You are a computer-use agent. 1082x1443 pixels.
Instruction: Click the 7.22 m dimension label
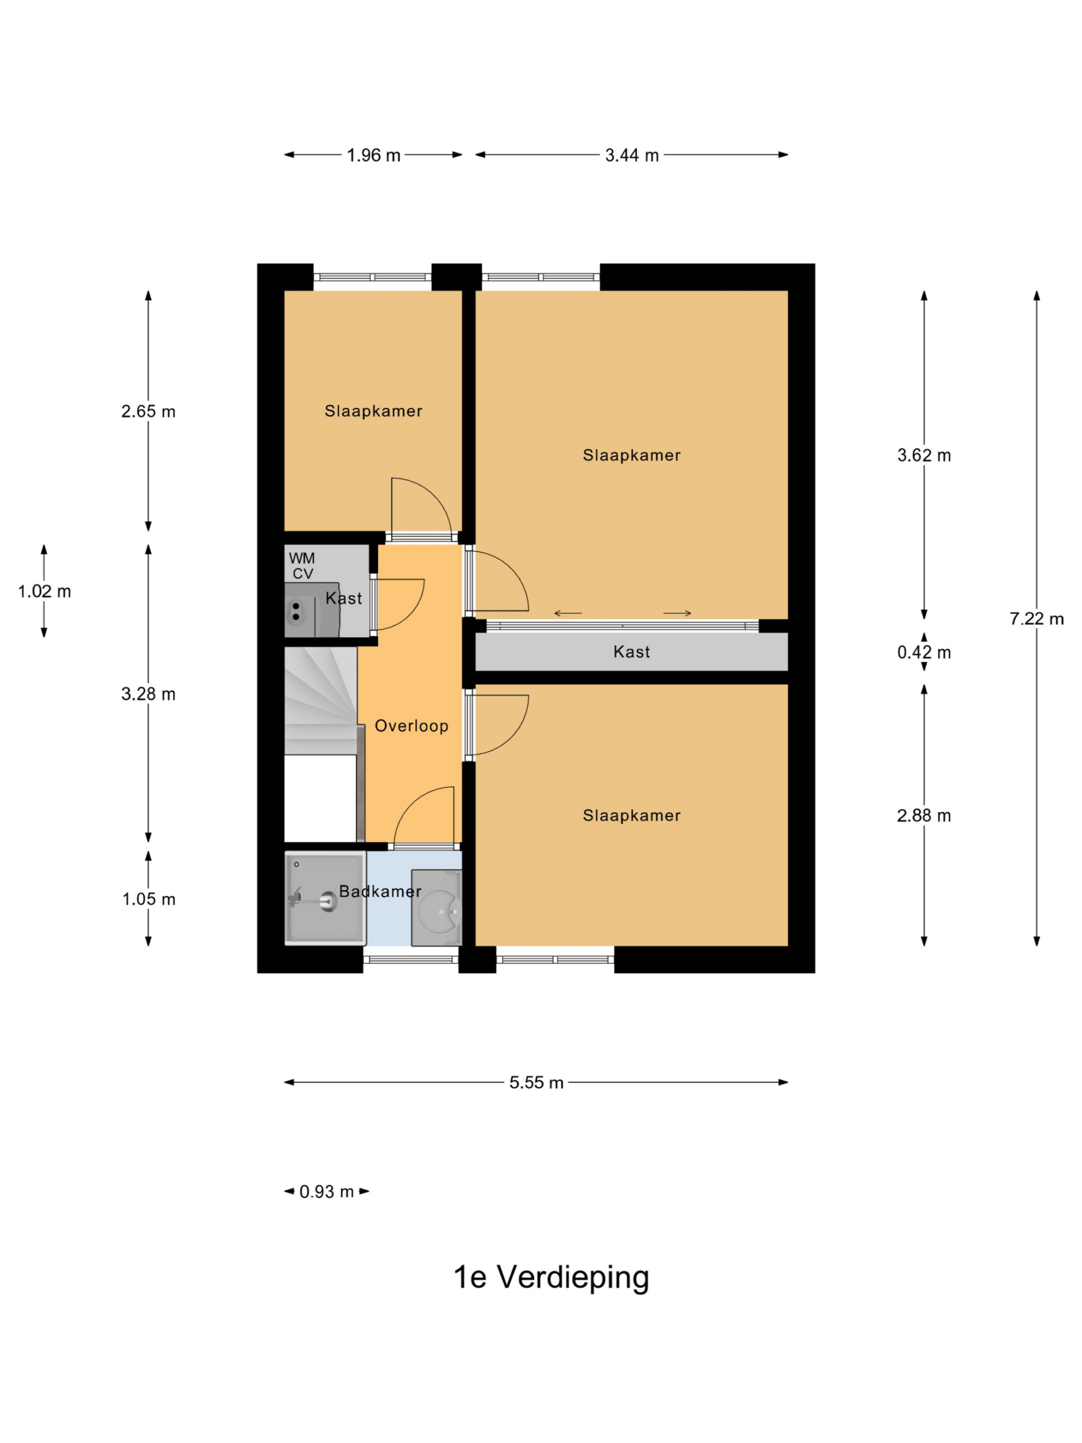coord(1036,618)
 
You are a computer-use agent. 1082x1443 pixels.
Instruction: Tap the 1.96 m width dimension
coord(373,155)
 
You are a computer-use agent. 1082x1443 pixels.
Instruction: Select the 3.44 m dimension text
coord(631,155)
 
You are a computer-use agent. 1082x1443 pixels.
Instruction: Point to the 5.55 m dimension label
coord(536,1082)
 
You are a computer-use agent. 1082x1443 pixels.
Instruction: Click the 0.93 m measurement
coord(326,1192)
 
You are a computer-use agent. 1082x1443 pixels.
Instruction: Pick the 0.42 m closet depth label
coord(924,652)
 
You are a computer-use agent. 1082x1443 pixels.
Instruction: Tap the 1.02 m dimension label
coord(45,591)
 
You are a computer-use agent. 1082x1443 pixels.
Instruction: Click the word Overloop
coord(411,725)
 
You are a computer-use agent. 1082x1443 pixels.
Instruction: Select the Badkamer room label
coord(380,891)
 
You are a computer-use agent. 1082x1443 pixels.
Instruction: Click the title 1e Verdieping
coord(551,1277)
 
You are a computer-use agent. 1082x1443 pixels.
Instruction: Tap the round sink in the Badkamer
coord(436,908)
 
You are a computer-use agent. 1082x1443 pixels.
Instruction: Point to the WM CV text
coord(302,565)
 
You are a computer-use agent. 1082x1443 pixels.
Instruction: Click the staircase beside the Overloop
coord(321,701)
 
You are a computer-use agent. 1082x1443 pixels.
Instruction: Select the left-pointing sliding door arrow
coord(567,613)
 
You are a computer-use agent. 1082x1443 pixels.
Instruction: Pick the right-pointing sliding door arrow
coord(677,613)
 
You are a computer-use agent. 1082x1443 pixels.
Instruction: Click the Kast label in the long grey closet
coord(631,652)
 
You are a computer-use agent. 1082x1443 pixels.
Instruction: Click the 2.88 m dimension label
coord(924,816)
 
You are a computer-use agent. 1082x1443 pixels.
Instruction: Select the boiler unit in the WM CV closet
coord(312,610)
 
